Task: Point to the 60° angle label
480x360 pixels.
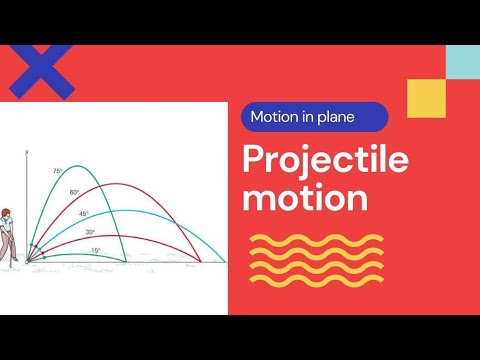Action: click(73, 192)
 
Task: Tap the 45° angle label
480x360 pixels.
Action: click(84, 214)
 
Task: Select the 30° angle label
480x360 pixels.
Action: click(90, 232)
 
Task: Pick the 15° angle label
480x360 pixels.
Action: click(95, 250)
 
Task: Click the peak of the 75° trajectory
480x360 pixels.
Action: click(77, 162)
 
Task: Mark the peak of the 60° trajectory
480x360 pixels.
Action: click(112, 184)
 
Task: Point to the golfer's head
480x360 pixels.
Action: click(6, 213)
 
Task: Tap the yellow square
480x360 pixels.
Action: click(426, 99)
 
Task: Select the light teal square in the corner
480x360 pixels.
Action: click(462, 62)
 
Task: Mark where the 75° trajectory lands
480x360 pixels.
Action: click(128, 263)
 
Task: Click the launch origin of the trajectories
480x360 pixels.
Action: click(28, 263)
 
